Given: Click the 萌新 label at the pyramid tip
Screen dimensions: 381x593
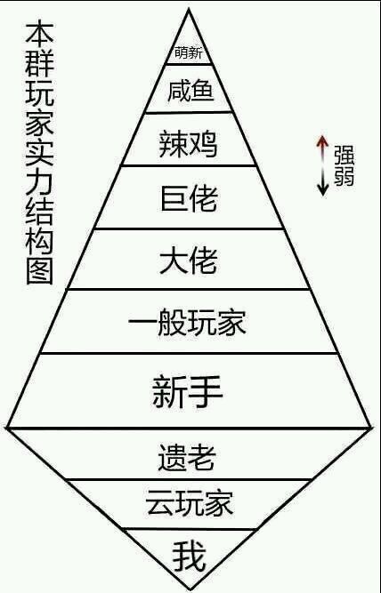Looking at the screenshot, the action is click(189, 52).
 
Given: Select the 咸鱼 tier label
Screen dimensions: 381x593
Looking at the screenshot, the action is click(190, 91).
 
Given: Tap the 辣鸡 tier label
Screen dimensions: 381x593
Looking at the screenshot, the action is click(188, 144).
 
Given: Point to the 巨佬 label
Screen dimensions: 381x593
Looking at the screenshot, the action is click(189, 198).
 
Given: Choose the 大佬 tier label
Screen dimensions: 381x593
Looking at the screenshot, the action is click(189, 260).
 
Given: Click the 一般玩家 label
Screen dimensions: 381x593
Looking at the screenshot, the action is click(188, 323).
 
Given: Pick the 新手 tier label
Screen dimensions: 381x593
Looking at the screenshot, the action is click(188, 391).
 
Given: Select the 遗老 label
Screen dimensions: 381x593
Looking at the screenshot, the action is click(187, 457).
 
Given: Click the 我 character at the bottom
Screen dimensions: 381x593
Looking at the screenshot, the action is click(190, 556).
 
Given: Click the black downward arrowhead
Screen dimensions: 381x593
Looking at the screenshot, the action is click(322, 189).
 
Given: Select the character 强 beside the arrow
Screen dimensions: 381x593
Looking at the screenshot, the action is click(344, 155).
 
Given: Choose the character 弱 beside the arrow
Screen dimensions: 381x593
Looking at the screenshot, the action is click(344, 176).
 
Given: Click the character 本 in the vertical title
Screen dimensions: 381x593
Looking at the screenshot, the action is click(39, 33).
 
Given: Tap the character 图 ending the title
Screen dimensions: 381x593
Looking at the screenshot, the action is click(39, 271).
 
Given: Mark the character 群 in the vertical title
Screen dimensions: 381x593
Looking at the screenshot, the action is click(39, 63).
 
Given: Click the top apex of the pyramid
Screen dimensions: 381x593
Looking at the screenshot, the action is click(188, 9).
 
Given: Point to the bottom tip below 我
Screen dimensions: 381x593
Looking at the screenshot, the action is click(189, 589).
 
